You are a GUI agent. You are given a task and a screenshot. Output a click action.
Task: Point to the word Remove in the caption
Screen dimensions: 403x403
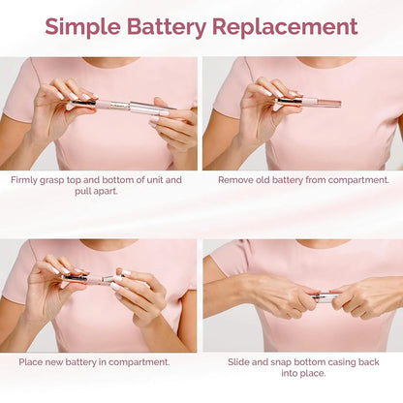tap(239, 179)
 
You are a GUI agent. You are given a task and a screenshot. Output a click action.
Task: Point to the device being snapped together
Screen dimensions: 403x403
tap(325, 294)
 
